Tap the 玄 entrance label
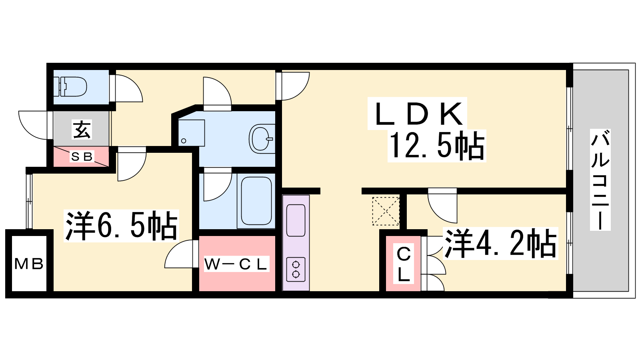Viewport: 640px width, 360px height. [x=82, y=129]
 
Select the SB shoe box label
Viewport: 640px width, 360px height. [x=82, y=157]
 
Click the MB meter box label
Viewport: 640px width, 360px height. [x=29, y=264]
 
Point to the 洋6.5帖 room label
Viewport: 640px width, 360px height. [x=121, y=226]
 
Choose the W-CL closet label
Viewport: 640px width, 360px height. [x=236, y=264]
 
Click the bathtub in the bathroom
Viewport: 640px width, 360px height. [x=256, y=201]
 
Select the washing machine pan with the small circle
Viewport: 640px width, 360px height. [x=191, y=133]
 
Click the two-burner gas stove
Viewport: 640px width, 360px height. [x=296, y=269]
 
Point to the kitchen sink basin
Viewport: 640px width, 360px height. [x=296, y=220]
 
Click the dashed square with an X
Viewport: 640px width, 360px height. [x=386, y=211]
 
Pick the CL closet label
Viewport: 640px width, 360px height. [x=404, y=264]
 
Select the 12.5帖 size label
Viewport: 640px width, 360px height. [x=437, y=146]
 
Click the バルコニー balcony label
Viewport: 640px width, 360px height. [x=600, y=180]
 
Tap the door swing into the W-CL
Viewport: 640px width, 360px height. [x=181, y=254]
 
